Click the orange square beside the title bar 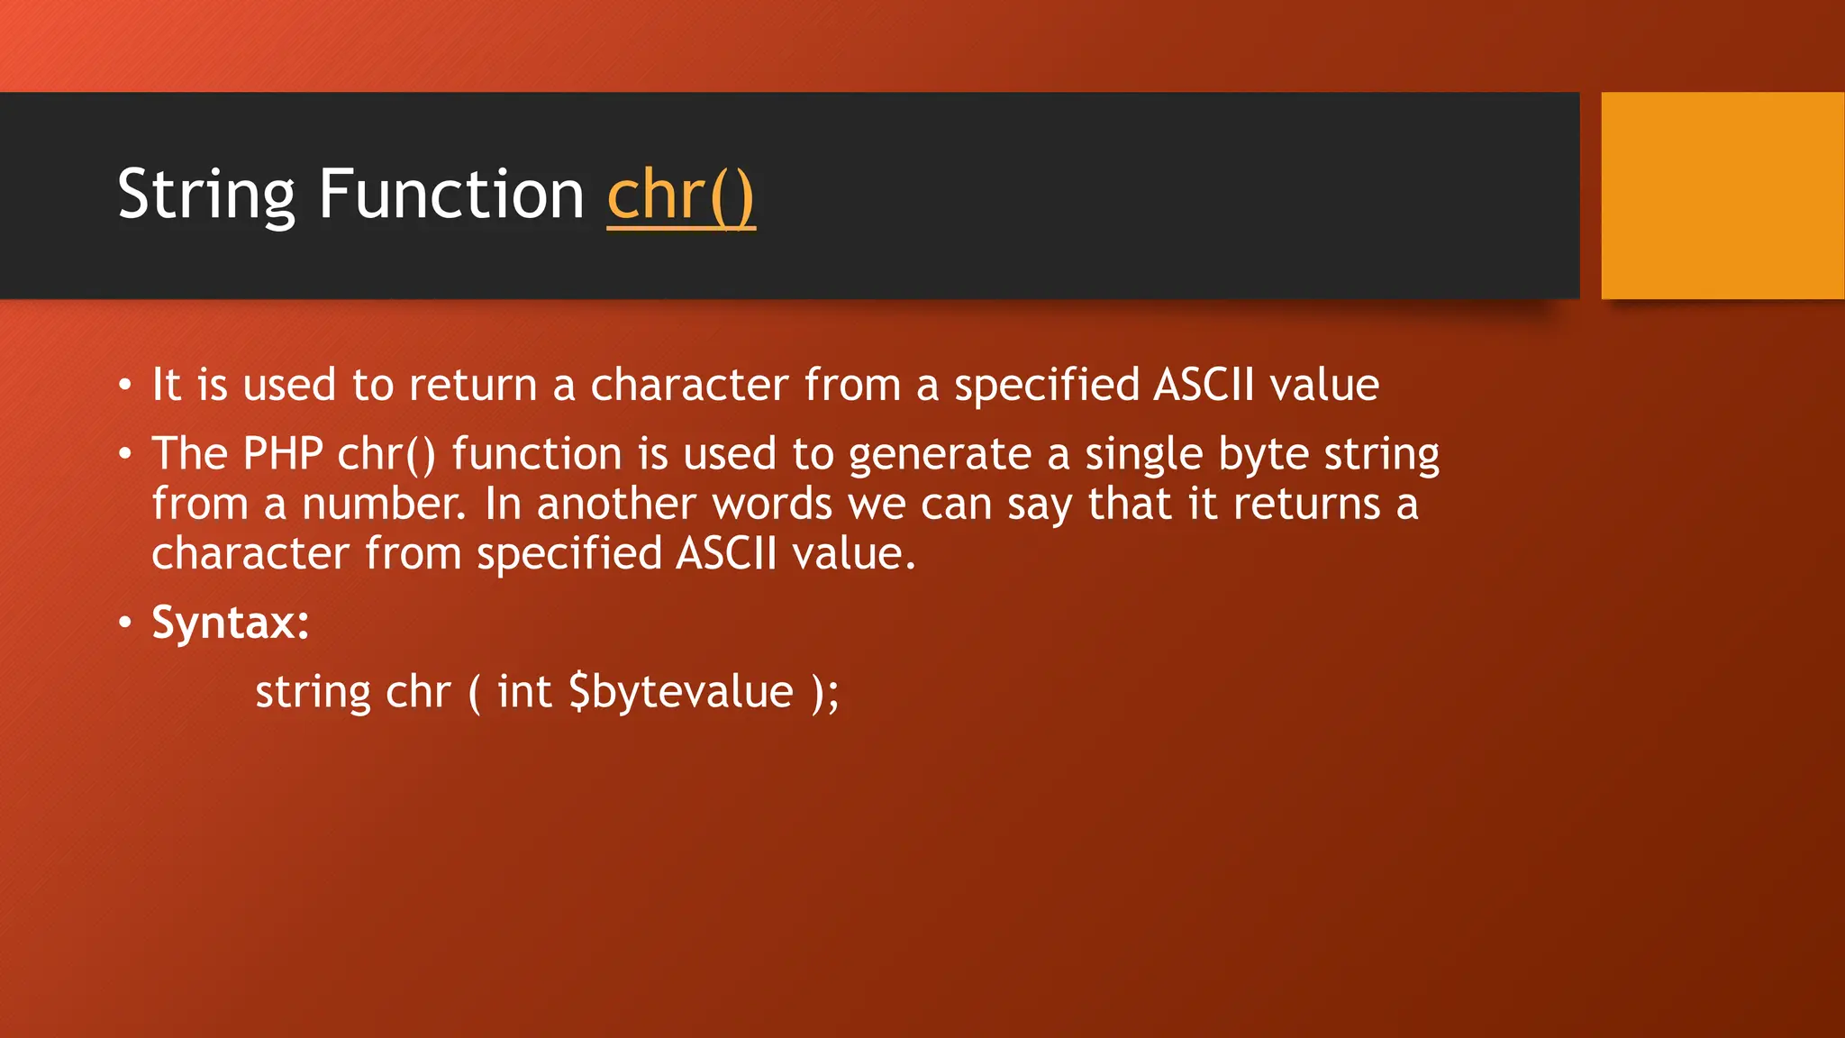[1722, 196]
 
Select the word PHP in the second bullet [283, 453]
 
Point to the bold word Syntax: [231, 622]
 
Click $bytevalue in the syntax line [681, 692]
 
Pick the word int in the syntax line [524, 692]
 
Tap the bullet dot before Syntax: [125, 622]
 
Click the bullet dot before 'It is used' [125, 386]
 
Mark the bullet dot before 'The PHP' [125, 453]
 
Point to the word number [383, 504]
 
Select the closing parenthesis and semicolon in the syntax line [825, 692]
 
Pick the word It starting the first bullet [167, 386]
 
